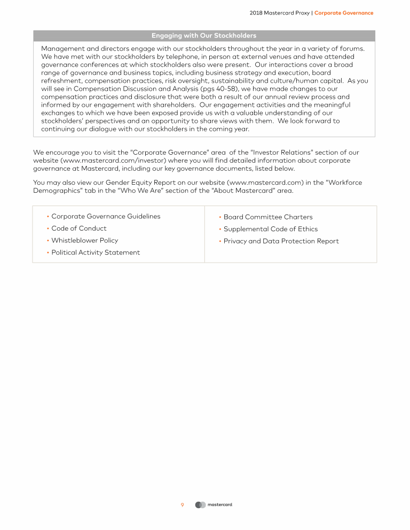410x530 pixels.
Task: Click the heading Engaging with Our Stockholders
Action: tap(204, 36)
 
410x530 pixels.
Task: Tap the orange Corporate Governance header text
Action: tap(344, 13)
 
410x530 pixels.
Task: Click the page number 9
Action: tap(182, 504)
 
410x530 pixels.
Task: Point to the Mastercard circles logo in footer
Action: tap(200, 504)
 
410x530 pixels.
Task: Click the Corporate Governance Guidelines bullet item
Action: tap(106, 216)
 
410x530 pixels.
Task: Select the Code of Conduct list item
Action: tap(79, 228)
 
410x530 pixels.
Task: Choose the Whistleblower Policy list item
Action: tap(85, 240)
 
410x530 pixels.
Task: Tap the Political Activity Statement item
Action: tap(96, 252)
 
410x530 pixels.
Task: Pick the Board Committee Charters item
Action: tap(268, 217)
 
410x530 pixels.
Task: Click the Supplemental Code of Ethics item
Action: tap(271, 229)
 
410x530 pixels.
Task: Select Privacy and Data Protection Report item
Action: tap(281, 241)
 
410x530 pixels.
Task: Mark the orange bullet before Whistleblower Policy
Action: tap(48, 241)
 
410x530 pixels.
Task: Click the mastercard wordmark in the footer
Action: tap(220, 504)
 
